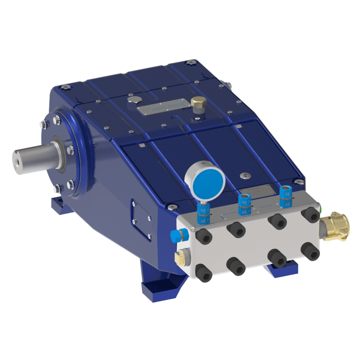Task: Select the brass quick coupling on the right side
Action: tap(336, 226)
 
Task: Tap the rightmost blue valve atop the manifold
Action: tap(285, 196)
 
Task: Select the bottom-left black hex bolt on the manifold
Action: tap(204, 272)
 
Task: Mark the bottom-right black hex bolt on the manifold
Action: tap(310, 252)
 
